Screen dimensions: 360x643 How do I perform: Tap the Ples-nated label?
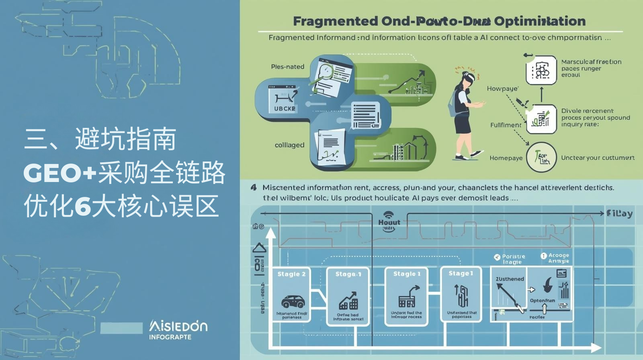(287, 67)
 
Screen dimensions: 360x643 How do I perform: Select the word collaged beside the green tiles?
(289, 145)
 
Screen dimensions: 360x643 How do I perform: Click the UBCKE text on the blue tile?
(285, 108)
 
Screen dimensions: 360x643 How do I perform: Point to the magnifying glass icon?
(324, 72)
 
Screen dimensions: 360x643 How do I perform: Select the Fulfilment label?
(506, 125)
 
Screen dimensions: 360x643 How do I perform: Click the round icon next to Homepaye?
(541, 157)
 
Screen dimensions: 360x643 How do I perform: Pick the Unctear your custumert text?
(597, 158)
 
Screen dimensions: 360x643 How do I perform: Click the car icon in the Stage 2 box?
(293, 301)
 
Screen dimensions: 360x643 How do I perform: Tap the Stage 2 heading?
(291, 274)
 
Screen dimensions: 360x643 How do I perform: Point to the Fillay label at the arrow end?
(619, 213)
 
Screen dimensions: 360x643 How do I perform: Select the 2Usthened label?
(510, 279)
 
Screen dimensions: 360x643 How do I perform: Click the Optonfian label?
(542, 301)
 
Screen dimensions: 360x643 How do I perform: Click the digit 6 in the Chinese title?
(83, 207)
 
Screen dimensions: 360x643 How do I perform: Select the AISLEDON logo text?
(178, 326)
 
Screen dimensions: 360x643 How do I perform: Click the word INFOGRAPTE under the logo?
(170, 337)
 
